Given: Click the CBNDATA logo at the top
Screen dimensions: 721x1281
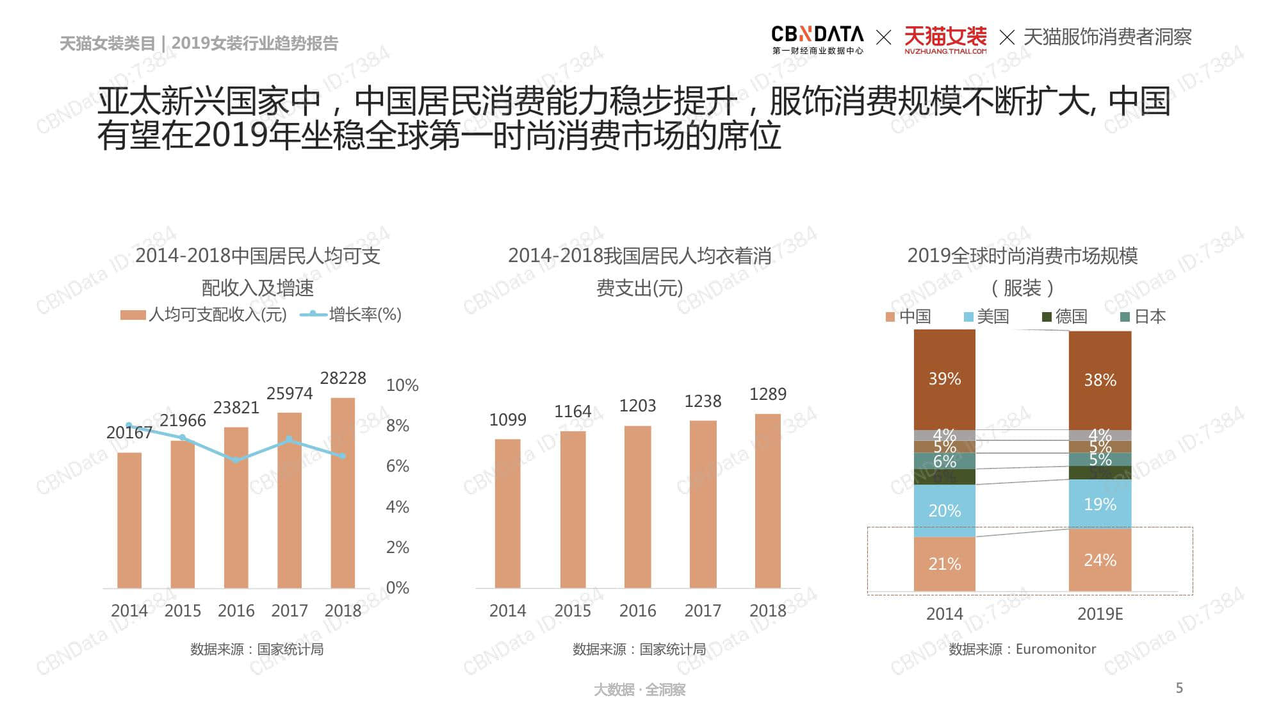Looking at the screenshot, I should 817,38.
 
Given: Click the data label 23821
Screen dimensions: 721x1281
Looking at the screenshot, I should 236,408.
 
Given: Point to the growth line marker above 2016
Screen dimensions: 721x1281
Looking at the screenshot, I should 236,460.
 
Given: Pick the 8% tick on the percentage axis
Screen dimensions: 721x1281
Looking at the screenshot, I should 397,426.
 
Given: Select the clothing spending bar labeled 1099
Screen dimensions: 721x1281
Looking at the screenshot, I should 507,513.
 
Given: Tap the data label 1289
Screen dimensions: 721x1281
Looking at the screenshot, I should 767,394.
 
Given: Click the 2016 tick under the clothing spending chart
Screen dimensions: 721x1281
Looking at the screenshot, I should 637,611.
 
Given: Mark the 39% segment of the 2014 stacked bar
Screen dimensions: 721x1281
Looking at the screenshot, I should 944,379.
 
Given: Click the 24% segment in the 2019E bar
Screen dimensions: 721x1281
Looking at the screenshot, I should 1100,559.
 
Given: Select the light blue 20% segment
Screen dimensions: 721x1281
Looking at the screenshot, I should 944,511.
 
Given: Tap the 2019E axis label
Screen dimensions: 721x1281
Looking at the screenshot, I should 1100,614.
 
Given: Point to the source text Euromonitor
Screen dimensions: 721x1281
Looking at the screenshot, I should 1056,649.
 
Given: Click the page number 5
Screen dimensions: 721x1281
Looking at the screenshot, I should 1179,688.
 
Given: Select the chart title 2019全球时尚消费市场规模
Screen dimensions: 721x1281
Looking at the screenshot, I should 1022,256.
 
